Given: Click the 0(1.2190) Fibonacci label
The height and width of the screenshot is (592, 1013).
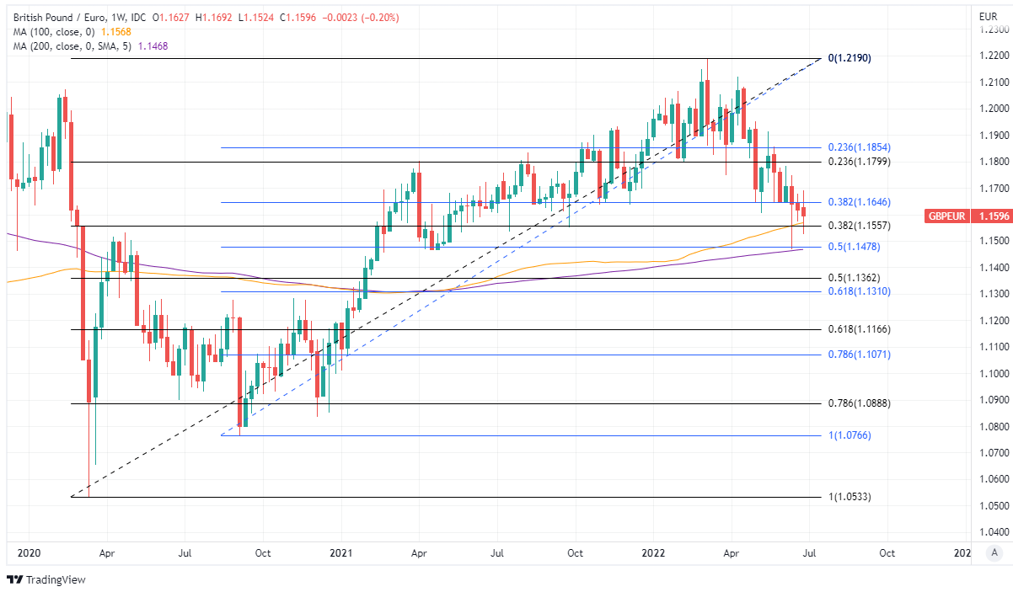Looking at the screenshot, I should coord(849,59).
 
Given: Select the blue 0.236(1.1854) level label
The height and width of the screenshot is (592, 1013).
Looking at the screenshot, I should coord(859,147).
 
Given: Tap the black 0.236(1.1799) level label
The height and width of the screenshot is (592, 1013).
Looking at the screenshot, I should coord(859,162).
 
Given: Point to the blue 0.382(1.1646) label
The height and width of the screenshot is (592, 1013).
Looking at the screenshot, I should coord(859,203).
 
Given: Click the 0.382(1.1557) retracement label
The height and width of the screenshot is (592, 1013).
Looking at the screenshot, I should coord(859,227).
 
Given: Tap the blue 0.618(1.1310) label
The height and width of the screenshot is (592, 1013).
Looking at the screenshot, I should coord(859,291).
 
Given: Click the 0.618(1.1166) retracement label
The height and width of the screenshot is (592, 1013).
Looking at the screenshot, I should coord(859,329).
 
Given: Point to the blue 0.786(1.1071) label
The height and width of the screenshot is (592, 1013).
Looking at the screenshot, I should coord(859,355).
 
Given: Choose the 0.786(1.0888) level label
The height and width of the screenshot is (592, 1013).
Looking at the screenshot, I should coord(859,403).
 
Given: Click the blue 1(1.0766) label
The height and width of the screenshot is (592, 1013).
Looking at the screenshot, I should coord(849,435).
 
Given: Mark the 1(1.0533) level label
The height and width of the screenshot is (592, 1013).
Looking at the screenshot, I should coord(849,497).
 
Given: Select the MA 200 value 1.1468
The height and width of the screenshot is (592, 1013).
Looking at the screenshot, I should coord(152,46).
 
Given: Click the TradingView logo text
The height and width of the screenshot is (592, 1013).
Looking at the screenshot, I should coord(56,579).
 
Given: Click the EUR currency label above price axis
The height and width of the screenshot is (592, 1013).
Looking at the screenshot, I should coord(988,16).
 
